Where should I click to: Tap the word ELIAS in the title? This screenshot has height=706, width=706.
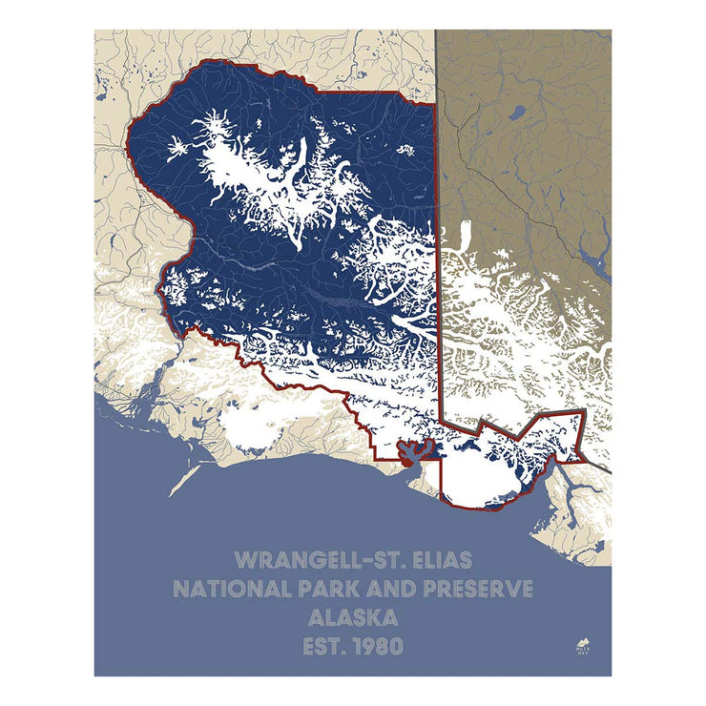(436, 558)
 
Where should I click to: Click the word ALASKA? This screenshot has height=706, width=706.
(353, 618)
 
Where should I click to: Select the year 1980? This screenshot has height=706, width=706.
(380, 647)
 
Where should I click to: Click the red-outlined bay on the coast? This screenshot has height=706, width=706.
(413, 451)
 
